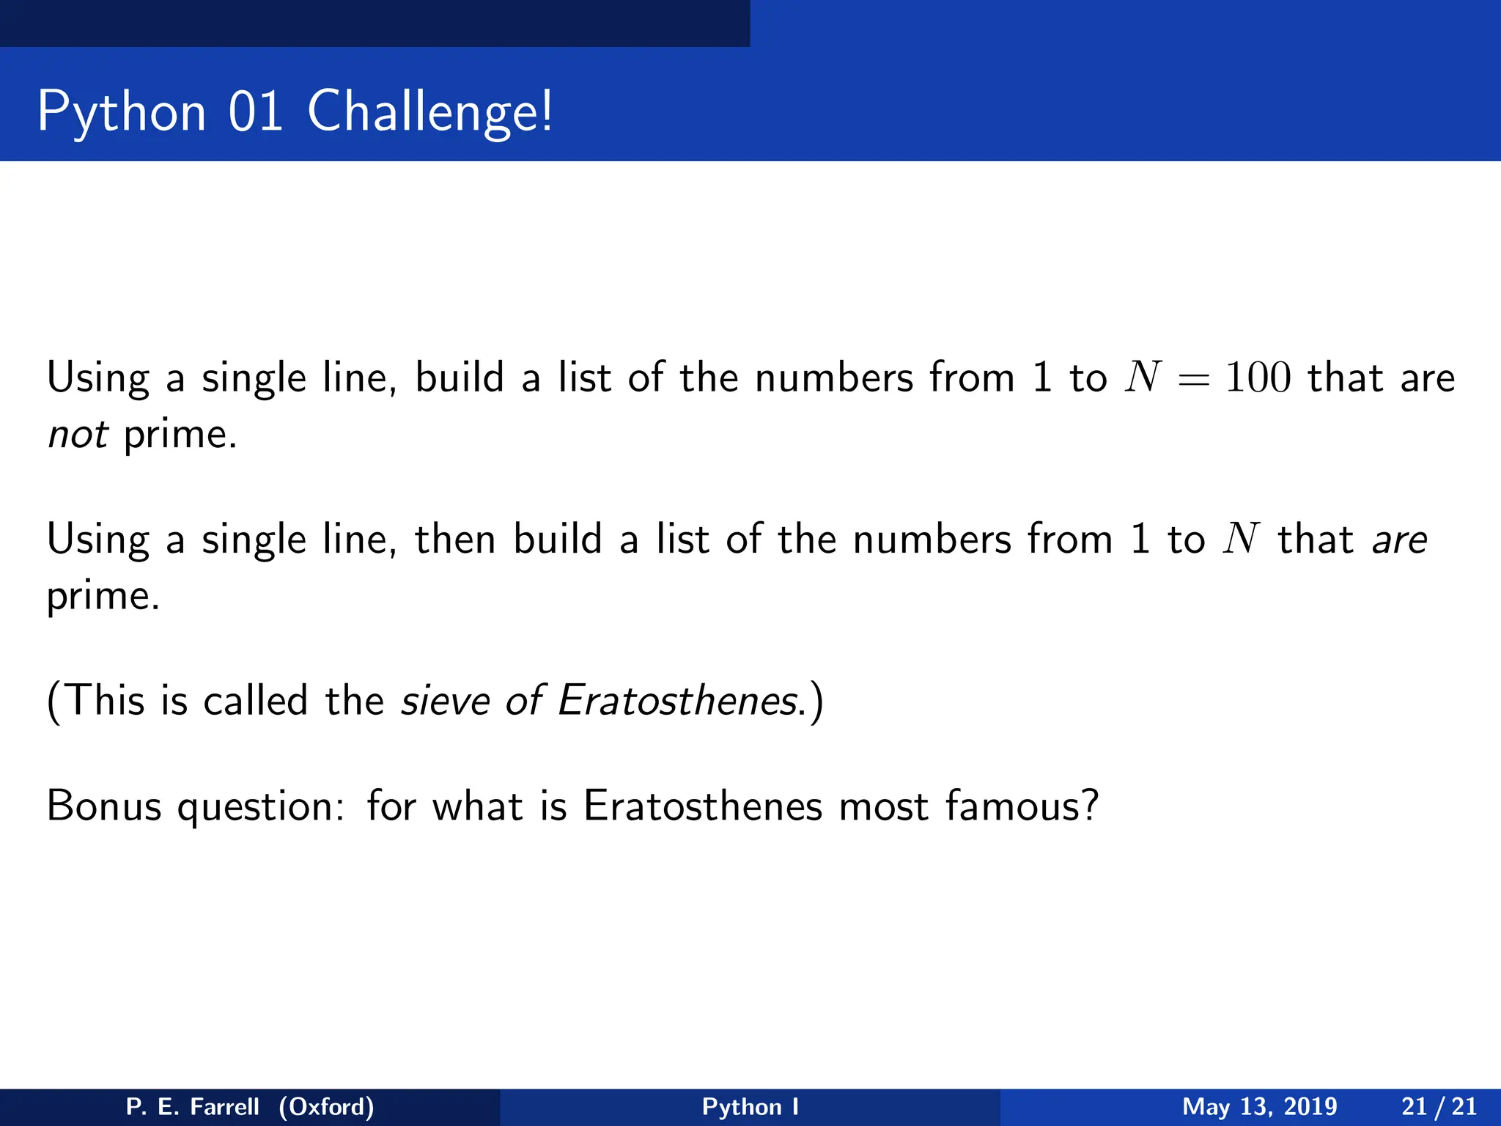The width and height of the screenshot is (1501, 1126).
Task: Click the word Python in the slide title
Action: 122,112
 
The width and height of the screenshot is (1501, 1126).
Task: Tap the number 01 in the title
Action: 256,112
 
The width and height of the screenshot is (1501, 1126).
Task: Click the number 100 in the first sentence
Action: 1258,378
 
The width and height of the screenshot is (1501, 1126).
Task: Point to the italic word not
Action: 78,435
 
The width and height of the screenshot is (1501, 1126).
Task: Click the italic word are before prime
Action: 1399,540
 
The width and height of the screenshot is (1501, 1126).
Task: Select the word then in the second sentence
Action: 455,540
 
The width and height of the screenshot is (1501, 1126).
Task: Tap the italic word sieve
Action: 445,701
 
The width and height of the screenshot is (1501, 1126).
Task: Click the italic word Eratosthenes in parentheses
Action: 677,701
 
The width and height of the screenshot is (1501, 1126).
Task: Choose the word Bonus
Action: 103,806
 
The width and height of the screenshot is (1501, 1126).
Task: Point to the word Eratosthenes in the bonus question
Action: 703,806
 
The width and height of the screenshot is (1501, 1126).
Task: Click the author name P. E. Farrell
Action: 193,1107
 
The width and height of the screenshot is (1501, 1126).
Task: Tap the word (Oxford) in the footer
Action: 326,1107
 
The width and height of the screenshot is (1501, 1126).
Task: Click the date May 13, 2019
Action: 1259,1107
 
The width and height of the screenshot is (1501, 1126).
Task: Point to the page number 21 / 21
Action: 1439,1107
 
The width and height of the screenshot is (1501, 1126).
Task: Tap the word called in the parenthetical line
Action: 255,701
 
